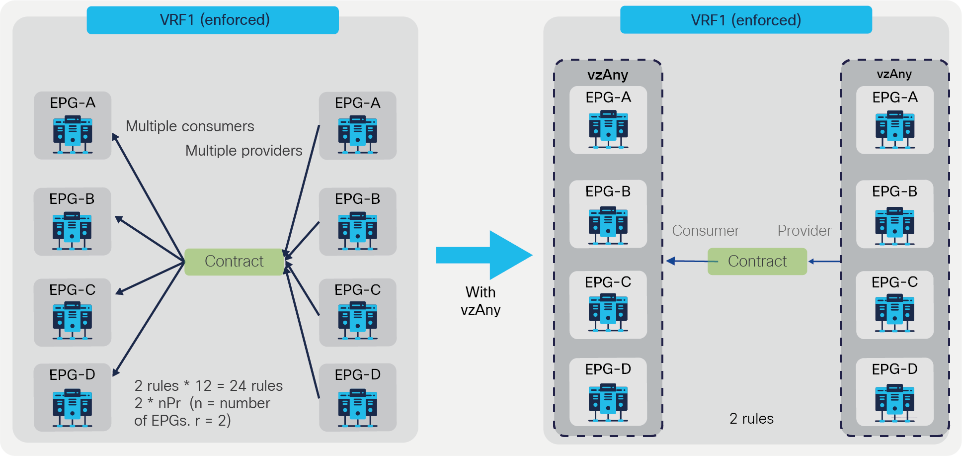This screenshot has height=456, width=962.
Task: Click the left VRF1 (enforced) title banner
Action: pos(213,20)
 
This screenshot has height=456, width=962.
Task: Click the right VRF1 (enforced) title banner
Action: pos(745,20)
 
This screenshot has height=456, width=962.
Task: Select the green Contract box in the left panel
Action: pos(234,262)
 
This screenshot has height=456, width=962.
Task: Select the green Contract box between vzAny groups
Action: pos(757,262)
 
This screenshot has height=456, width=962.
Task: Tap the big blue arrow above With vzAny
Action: pos(484,255)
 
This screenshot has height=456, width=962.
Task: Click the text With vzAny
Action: pos(481,301)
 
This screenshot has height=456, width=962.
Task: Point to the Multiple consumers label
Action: pos(190,126)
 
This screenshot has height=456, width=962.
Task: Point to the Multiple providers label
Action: pos(243,151)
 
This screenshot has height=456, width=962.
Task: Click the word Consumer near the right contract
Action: pos(705,231)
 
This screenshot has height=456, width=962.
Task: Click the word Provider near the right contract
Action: pos(804,231)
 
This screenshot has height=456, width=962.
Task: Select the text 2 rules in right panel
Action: pos(751,419)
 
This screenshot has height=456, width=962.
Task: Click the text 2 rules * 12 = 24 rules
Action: pos(208,386)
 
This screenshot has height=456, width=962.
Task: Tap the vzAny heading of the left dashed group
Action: pos(608,75)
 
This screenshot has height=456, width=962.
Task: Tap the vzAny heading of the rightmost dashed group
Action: pos(894,74)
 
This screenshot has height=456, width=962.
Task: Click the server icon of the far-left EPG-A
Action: pos(73,134)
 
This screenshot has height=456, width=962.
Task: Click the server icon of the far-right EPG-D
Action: pos(894,403)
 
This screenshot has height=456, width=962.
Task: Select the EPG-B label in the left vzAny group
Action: pos(608,191)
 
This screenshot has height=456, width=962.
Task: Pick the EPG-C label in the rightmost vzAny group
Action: pos(894,282)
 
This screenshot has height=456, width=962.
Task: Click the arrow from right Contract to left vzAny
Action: pos(688,261)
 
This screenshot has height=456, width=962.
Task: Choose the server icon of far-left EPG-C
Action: pos(73,321)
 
